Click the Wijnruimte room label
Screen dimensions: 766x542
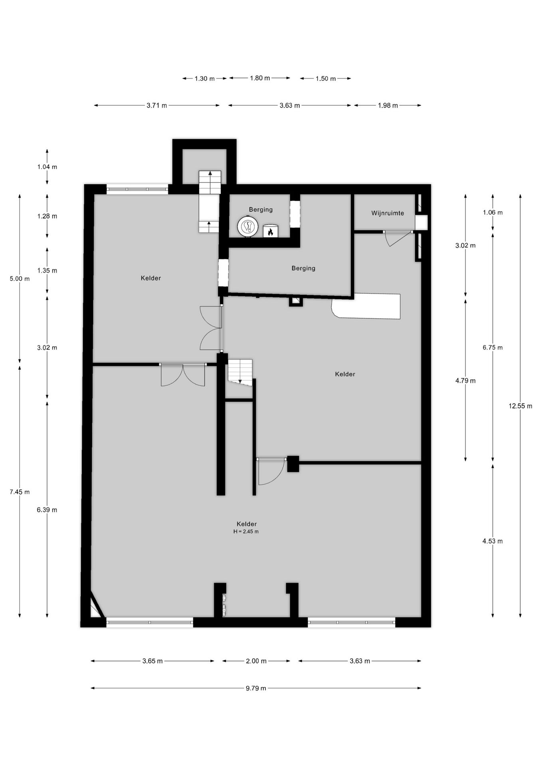coord(387,213)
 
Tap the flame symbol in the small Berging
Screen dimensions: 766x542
coord(270,231)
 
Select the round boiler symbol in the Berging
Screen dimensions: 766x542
coord(247,227)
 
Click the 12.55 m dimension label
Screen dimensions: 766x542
coord(520,406)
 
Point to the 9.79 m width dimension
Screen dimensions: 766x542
coord(255,688)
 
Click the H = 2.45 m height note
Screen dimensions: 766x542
coord(246,531)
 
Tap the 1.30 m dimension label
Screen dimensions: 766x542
coord(204,79)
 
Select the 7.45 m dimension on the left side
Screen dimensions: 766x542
coord(20,492)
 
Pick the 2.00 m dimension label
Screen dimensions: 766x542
coord(256,661)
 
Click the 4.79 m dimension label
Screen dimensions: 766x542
coord(465,381)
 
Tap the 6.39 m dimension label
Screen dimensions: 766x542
coord(47,509)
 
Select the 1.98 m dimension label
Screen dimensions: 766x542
coord(388,106)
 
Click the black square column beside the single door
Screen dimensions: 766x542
coord(293,464)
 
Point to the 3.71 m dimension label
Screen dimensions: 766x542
coord(156,106)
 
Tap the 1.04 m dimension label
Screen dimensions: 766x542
coord(47,167)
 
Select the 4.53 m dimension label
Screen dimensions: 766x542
coord(492,541)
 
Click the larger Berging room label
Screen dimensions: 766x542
coord(303,268)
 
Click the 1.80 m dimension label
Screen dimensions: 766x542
coord(259,78)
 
